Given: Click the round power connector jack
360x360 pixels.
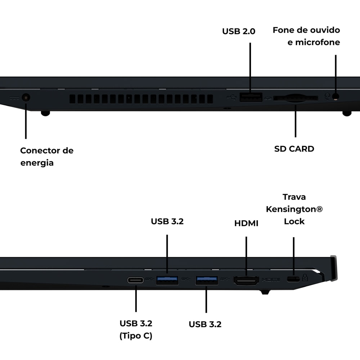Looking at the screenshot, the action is [26, 98].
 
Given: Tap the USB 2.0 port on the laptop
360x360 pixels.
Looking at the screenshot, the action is [251, 97].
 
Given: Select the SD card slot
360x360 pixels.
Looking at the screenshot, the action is [296, 98].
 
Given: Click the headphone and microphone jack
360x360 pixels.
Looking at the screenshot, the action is [336, 96].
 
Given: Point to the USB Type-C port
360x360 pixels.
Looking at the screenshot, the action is [135, 280].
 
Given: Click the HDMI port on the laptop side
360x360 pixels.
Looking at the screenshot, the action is [246, 280].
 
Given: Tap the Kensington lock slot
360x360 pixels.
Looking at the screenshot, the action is [293, 279].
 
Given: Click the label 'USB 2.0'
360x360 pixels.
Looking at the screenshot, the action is [239, 31].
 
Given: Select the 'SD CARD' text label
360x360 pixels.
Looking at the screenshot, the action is [294, 149].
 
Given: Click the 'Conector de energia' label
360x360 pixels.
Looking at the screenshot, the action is [47, 157].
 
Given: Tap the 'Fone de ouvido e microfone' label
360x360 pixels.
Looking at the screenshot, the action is [306, 36].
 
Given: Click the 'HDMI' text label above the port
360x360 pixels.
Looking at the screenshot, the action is [246, 223].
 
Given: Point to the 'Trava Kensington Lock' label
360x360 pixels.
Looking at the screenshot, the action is [294, 209].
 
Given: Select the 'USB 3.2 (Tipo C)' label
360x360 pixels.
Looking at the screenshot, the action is [136, 329].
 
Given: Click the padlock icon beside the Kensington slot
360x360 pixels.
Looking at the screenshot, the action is [305, 278].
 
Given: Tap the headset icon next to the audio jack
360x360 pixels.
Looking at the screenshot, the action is [327, 96].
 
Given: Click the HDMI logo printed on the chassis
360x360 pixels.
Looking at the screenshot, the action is [271, 280].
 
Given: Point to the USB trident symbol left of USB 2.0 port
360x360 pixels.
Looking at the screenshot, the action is [231, 98].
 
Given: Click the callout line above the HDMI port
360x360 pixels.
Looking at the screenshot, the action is [246, 256].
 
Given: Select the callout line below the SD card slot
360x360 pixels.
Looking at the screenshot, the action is [296, 121].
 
